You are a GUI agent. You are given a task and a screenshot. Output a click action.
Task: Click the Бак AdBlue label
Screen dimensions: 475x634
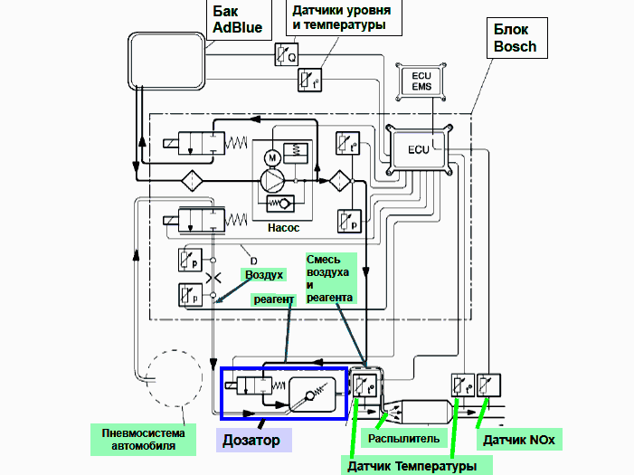click(237, 20)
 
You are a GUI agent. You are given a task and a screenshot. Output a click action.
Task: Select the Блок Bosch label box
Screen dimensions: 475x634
click(516, 37)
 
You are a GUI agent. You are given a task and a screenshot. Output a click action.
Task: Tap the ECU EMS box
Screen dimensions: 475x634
click(421, 81)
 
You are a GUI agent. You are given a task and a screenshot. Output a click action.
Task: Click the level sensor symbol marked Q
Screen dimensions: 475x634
click(286, 55)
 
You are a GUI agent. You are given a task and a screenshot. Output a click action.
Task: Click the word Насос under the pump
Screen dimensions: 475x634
click(283, 228)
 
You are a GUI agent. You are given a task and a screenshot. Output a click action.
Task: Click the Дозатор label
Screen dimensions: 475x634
click(251, 440)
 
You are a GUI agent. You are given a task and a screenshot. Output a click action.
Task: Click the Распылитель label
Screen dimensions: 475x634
click(403, 439)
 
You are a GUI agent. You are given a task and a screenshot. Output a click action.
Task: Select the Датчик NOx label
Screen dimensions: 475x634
click(519, 440)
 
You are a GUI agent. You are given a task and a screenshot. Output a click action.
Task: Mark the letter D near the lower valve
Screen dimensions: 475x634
click(254, 261)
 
